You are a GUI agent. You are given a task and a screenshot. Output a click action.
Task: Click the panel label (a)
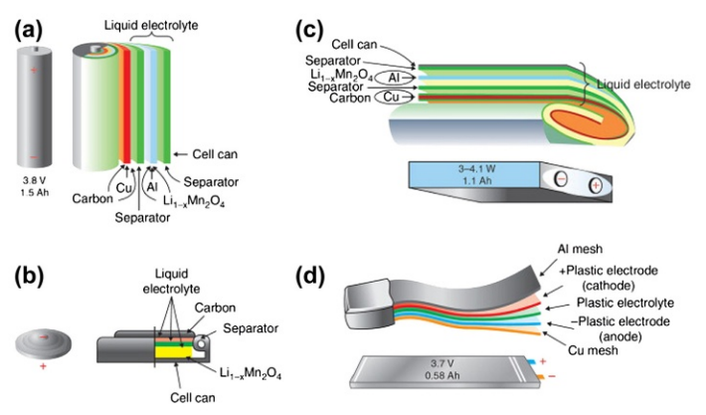[27, 28]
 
